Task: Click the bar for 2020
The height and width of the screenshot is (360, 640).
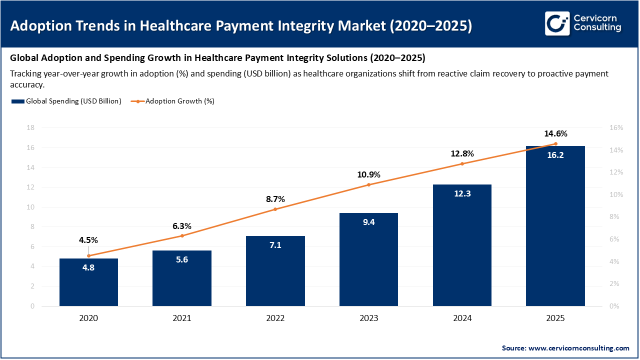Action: pyautogui.click(x=88, y=282)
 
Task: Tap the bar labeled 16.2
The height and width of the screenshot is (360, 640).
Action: pyautogui.click(x=555, y=225)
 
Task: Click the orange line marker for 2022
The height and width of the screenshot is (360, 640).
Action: pyautogui.click(x=275, y=209)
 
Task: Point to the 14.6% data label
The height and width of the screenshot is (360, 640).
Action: pyautogui.click(x=555, y=134)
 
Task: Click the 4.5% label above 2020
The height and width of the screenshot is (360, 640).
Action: pyautogui.click(x=88, y=239)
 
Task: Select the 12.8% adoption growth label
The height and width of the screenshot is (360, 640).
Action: pyautogui.click(x=462, y=153)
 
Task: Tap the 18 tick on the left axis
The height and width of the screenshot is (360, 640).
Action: pyautogui.click(x=30, y=128)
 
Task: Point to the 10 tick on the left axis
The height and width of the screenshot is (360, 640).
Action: pyautogui.click(x=30, y=207)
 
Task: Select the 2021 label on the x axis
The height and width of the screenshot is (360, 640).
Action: pyautogui.click(x=182, y=318)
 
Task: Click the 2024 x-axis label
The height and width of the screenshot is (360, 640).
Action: pyautogui.click(x=462, y=318)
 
